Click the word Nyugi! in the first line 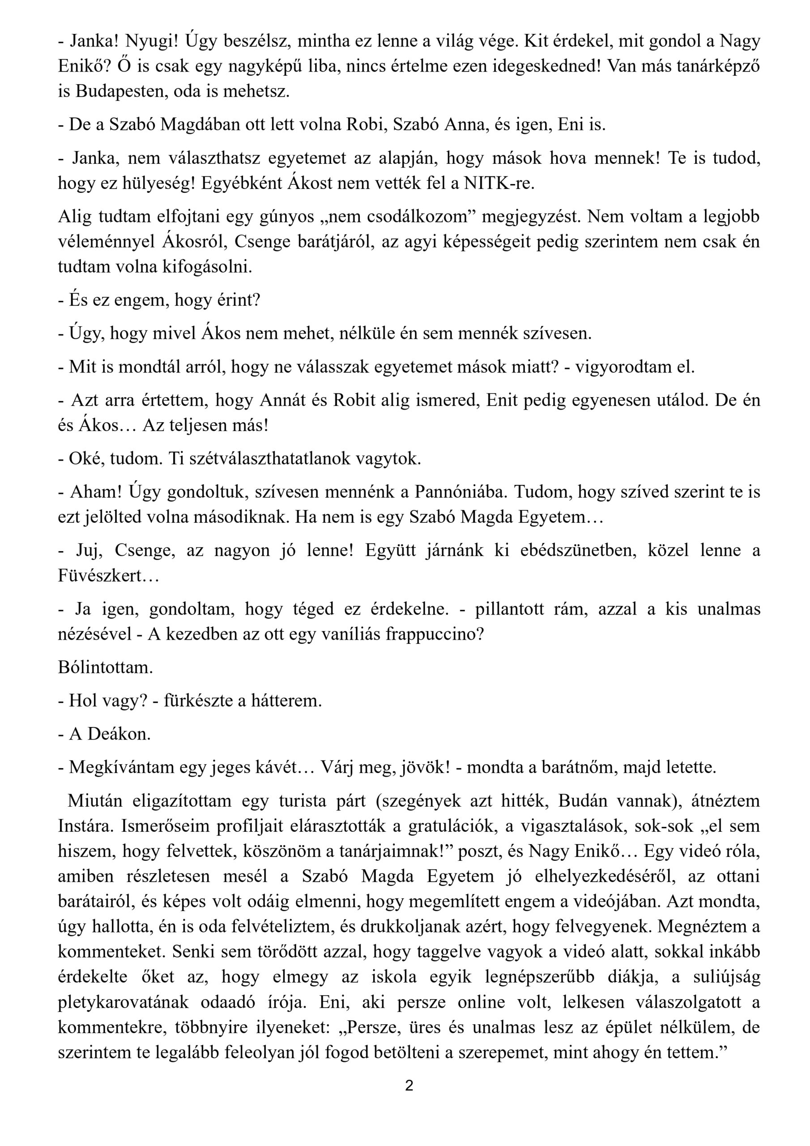pyautogui.click(x=151, y=40)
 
